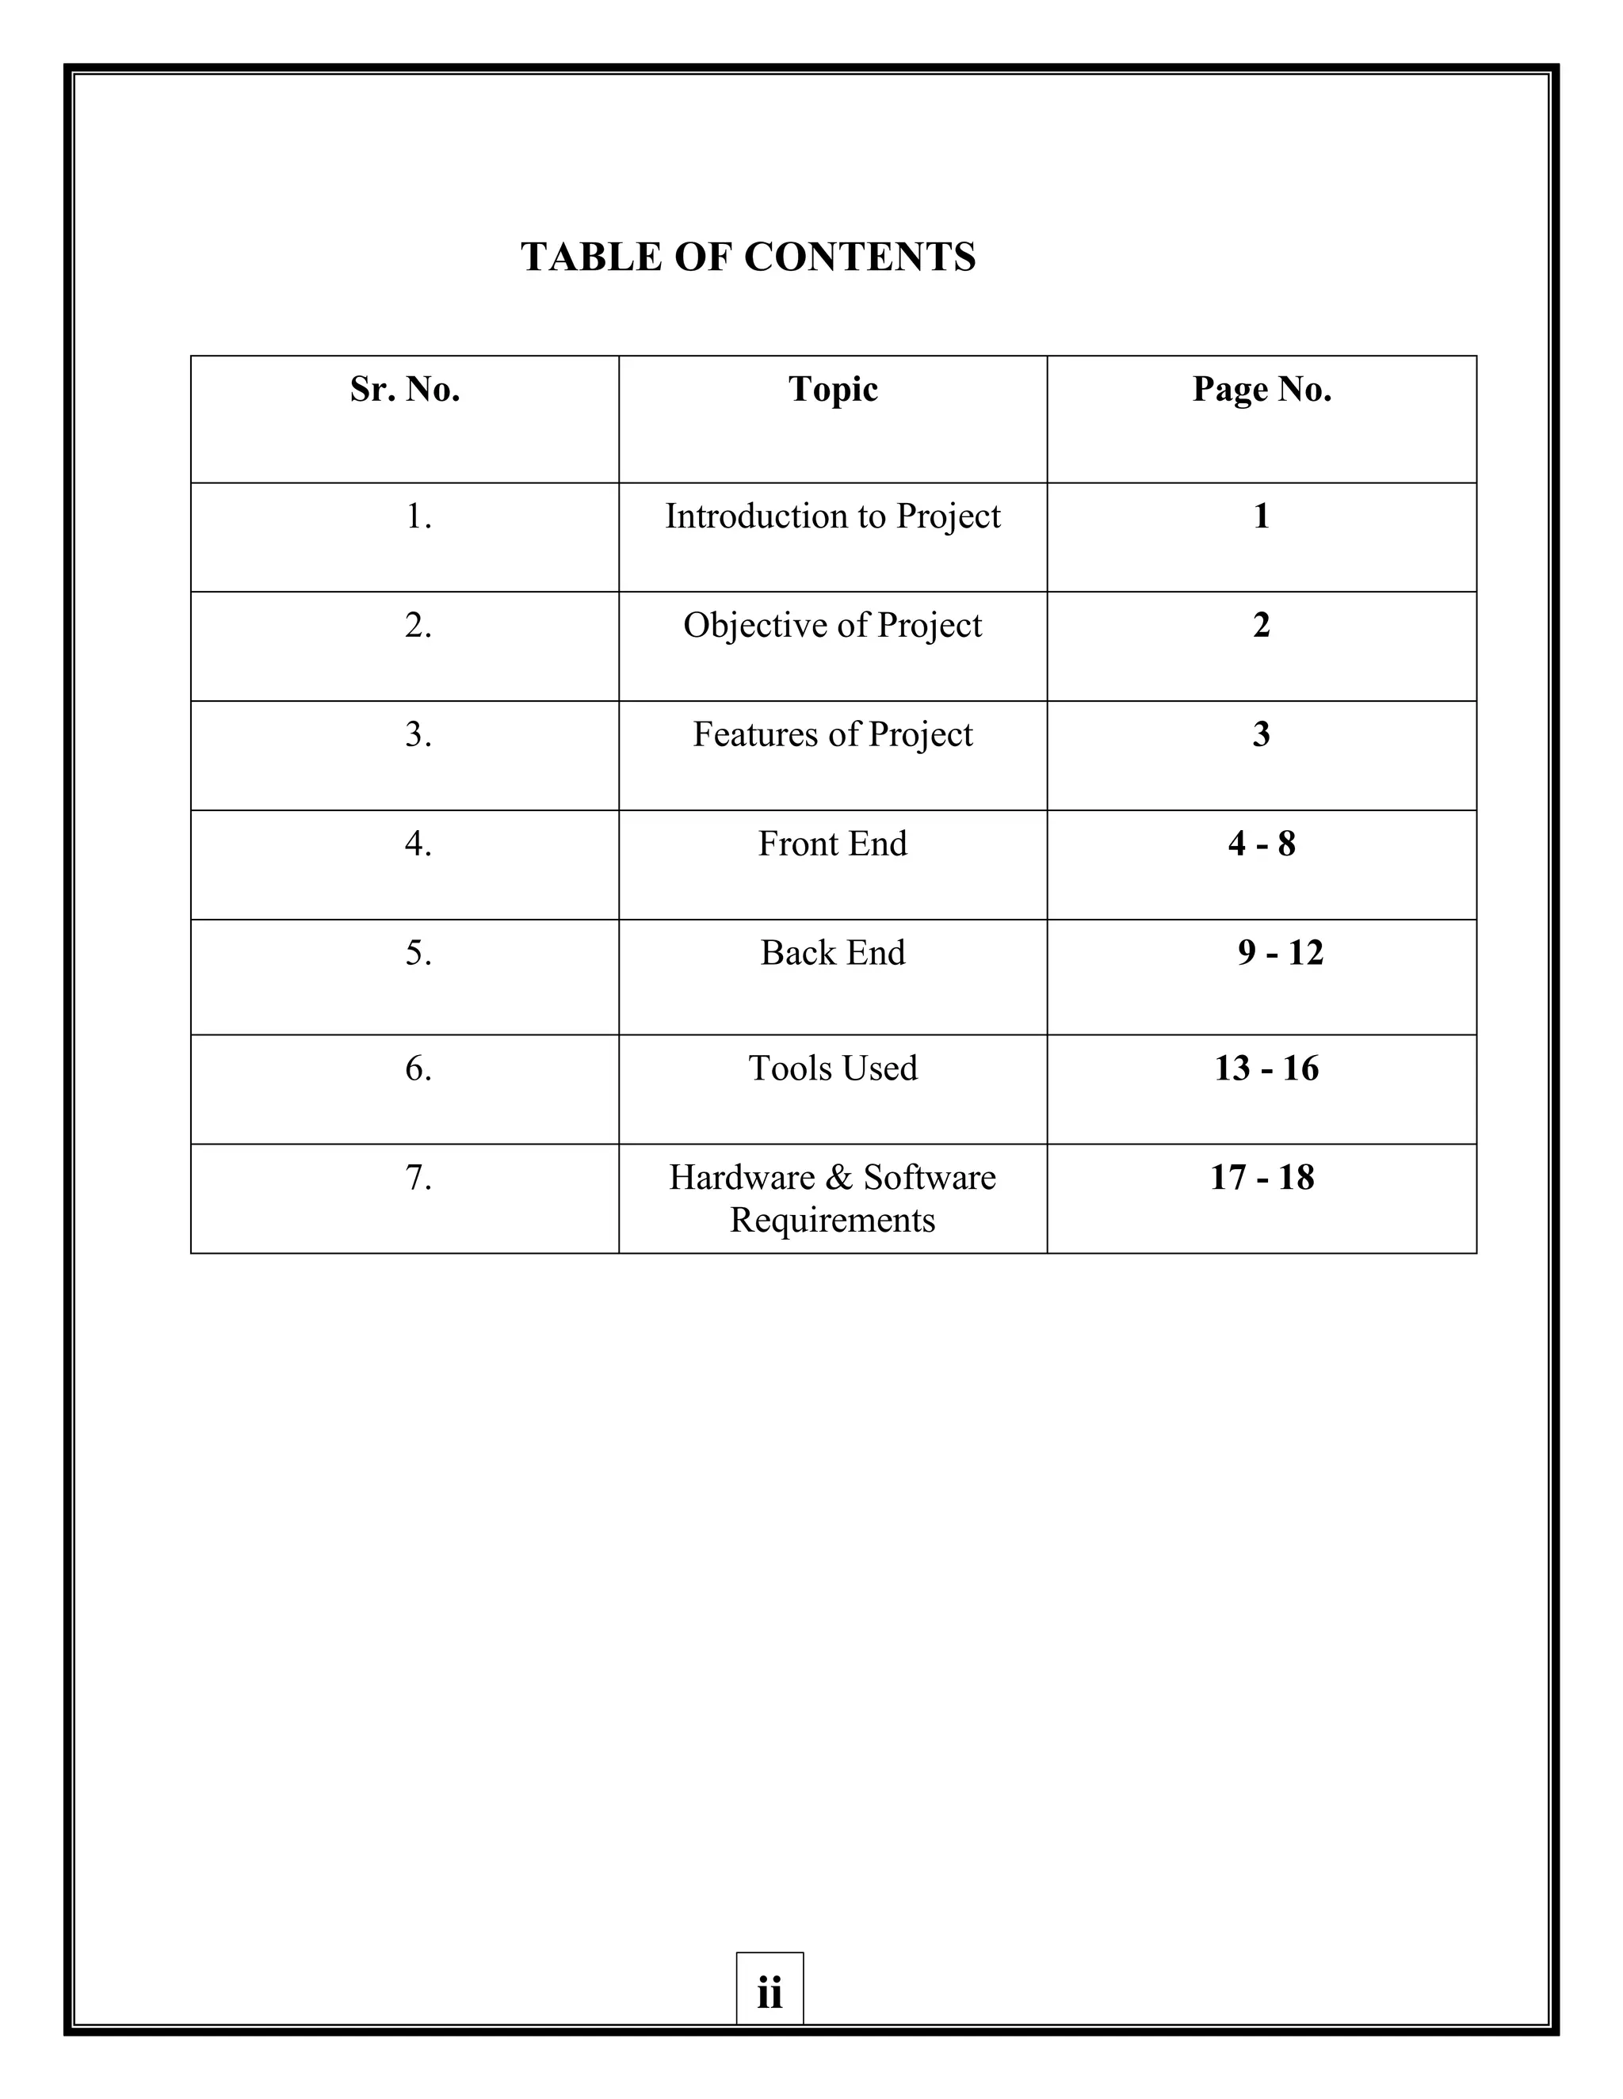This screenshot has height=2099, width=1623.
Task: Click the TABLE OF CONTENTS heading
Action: click(x=748, y=257)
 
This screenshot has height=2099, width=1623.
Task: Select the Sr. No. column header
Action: click(x=405, y=389)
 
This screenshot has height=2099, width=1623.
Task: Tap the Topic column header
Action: click(x=833, y=389)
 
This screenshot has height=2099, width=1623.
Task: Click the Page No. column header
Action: click(x=1262, y=389)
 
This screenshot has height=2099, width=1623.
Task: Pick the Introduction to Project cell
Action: click(x=833, y=517)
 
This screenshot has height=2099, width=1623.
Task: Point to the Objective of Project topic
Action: click(x=833, y=626)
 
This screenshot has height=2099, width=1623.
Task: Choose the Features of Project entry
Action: click(x=833, y=735)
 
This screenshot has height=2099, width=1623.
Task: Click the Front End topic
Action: click(x=833, y=844)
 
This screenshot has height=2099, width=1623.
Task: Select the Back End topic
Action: click(x=833, y=954)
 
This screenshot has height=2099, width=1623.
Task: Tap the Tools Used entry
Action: click(x=833, y=1069)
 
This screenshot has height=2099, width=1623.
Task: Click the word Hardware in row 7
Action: click(x=741, y=1179)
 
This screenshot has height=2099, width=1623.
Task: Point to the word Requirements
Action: click(x=833, y=1221)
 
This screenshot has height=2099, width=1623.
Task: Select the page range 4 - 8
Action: click(x=1262, y=844)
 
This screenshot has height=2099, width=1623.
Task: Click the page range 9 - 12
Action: click(x=1280, y=954)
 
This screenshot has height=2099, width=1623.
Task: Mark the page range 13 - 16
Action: click(x=1266, y=1069)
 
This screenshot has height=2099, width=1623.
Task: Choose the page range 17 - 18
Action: click(x=1262, y=1179)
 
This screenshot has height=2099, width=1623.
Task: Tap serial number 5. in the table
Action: click(x=418, y=954)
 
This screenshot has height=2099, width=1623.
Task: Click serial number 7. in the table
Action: click(x=418, y=1179)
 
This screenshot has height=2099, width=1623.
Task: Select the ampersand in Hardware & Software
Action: click(x=838, y=1179)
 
